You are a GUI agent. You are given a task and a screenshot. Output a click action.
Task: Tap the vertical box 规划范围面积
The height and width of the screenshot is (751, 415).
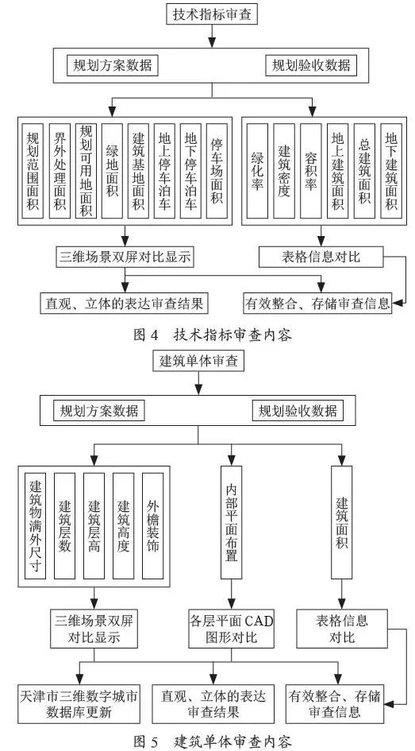[33, 172]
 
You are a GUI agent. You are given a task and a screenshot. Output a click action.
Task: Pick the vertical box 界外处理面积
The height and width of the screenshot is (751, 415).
[60, 172]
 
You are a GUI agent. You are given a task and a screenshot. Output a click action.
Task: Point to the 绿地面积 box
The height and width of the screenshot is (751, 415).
[112, 172]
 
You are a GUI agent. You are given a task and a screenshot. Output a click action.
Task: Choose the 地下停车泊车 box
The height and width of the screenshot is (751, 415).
[190, 172]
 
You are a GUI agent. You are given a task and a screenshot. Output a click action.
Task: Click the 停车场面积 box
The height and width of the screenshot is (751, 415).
[217, 172]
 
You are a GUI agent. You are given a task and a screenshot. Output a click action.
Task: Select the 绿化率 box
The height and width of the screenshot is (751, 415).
[257, 172]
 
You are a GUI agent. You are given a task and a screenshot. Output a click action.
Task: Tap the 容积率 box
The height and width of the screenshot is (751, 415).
[311, 172]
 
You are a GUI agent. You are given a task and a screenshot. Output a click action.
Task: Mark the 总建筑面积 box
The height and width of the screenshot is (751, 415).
[364, 172]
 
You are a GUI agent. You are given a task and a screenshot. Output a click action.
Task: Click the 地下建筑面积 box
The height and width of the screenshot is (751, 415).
[391, 172]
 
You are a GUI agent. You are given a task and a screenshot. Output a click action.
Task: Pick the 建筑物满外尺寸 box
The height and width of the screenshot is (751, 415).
[35, 526]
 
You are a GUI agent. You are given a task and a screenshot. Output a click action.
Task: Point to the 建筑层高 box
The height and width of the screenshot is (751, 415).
[94, 526]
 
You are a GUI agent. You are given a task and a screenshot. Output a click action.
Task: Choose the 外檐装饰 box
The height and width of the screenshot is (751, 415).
[153, 526]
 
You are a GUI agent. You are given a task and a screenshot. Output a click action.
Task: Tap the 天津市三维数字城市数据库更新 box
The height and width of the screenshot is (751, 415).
[78, 703]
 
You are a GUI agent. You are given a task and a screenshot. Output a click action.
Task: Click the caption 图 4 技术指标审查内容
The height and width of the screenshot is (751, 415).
[212, 335]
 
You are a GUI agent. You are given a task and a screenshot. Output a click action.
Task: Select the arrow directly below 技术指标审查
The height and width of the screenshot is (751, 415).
[212, 36]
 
